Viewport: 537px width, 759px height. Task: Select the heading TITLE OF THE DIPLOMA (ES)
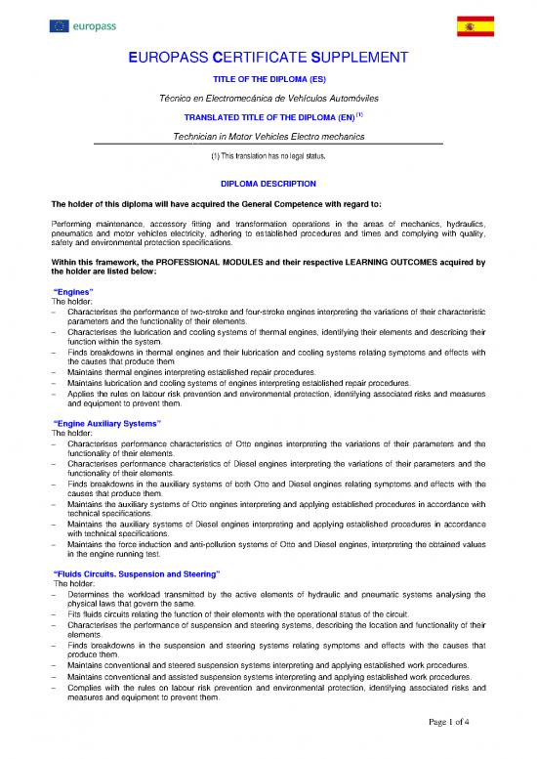[x=268, y=80]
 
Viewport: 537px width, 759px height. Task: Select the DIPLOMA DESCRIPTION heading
[x=268, y=184]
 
